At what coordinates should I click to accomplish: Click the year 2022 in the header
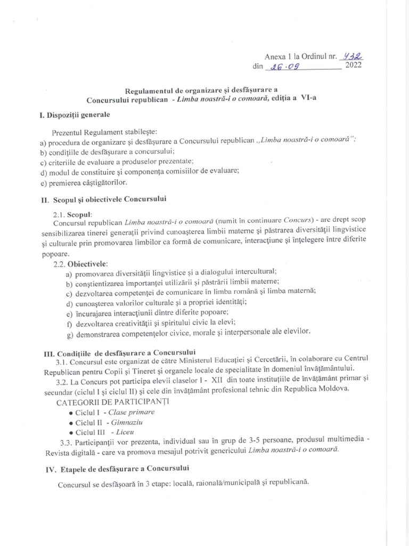[x=356, y=67]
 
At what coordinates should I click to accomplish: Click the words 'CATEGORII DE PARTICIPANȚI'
[x=111, y=401]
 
